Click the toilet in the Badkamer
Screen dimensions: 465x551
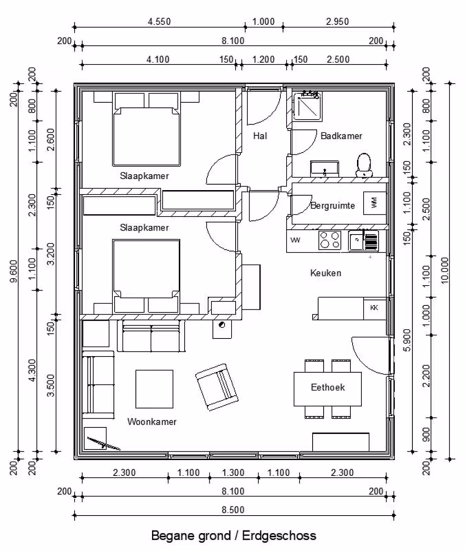[x=364, y=165]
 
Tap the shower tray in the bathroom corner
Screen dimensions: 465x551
[x=307, y=106]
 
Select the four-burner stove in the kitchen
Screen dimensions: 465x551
[x=329, y=240]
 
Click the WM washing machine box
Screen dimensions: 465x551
[x=374, y=202]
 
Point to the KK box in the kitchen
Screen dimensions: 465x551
[x=374, y=308]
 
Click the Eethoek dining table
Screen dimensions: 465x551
[x=327, y=388]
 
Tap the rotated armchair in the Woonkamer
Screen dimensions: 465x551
[x=217, y=387]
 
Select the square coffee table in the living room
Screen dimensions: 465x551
[x=154, y=389]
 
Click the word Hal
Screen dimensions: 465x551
[x=260, y=136]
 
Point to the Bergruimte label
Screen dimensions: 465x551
[x=332, y=205]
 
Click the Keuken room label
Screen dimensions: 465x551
[x=325, y=273]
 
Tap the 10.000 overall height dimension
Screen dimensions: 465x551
[x=444, y=271]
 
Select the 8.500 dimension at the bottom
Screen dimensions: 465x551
[x=233, y=510]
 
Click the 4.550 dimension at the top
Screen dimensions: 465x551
[x=160, y=22]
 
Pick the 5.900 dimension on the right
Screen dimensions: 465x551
[x=407, y=340]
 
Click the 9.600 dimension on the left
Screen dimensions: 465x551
[x=14, y=271]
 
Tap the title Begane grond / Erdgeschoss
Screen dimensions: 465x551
[x=234, y=536]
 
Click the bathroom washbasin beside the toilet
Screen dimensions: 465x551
[x=325, y=169]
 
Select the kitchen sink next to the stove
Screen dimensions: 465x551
[x=356, y=240]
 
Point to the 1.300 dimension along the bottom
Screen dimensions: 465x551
[x=233, y=472]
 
